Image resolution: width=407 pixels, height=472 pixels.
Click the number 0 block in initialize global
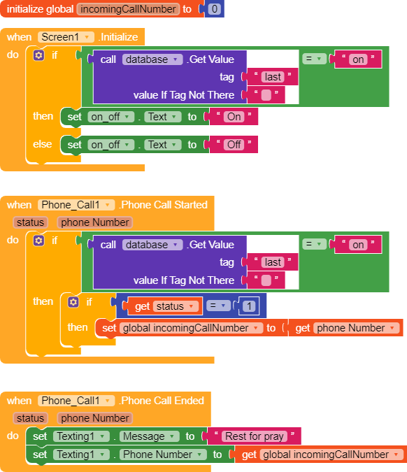(214, 9)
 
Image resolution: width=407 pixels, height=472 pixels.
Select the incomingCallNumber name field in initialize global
(128, 9)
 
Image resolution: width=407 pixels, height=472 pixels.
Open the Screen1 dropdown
(66, 37)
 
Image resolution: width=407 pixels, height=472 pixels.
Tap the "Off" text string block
(234, 145)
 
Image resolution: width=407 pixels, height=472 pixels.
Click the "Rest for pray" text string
(255, 436)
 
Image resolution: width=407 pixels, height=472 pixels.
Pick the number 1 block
(249, 306)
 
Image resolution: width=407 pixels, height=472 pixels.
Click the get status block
(164, 306)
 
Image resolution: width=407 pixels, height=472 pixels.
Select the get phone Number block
(345, 328)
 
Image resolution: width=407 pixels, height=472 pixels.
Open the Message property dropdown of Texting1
(150, 436)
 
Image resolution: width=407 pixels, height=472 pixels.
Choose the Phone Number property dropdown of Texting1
(163, 455)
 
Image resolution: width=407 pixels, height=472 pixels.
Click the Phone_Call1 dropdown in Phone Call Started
(76, 205)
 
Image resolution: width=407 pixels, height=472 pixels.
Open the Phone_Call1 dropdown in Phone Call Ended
(76, 401)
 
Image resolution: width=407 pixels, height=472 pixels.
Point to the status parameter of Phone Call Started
(30, 222)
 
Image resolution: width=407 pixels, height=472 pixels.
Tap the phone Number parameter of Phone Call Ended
(95, 418)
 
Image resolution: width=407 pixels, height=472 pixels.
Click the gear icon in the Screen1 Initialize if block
(38, 55)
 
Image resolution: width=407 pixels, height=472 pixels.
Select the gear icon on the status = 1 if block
(73, 302)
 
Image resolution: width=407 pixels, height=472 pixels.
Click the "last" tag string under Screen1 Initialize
(273, 77)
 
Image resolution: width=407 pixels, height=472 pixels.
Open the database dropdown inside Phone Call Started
(152, 245)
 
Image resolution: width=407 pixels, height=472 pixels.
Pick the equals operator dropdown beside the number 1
(218, 306)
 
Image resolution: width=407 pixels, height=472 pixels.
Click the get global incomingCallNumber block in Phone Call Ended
(324, 455)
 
